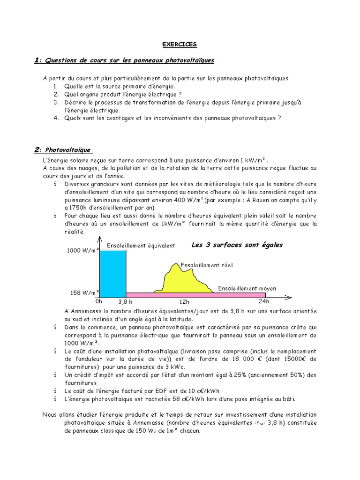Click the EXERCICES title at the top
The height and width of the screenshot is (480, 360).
click(x=180, y=45)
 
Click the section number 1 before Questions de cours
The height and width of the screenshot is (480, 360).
click(x=37, y=60)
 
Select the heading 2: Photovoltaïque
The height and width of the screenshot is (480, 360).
click(x=64, y=150)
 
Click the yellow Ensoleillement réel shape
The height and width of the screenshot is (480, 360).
click(x=183, y=281)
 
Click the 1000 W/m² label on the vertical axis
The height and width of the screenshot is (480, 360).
click(x=82, y=251)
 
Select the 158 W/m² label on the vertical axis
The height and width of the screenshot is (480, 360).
click(x=83, y=293)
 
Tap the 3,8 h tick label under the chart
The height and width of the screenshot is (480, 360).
click(x=126, y=302)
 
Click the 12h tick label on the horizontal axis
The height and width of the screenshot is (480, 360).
click(x=184, y=302)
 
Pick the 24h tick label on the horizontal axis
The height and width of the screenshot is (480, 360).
click(x=265, y=302)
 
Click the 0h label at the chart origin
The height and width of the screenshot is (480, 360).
click(x=98, y=302)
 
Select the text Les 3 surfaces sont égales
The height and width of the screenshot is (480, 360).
click(x=237, y=245)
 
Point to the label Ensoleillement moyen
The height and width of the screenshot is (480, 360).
click(x=247, y=288)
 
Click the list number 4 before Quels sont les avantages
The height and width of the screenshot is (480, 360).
click(x=55, y=118)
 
